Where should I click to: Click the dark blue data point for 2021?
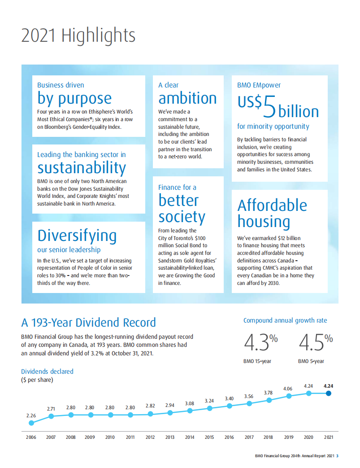(x=328, y=393)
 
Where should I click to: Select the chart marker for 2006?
(x=31, y=423)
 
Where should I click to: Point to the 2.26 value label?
(x=31, y=415)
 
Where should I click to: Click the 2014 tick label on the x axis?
(x=190, y=437)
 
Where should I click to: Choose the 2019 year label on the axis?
(x=289, y=437)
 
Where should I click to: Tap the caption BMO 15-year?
(x=258, y=361)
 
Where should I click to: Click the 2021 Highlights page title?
(x=78, y=35)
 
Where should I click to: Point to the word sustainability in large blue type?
(x=82, y=168)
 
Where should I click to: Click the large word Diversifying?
(x=77, y=236)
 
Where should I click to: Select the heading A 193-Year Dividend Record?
(x=88, y=322)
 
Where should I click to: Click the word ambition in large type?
(x=187, y=98)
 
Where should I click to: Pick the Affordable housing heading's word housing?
(x=264, y=221)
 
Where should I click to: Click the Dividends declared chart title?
(x=47, y=372)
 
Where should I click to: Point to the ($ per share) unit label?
(x=37, y=380)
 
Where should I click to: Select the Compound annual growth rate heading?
(x=285, y=320)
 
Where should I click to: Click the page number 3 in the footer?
(x=337, y=456)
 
